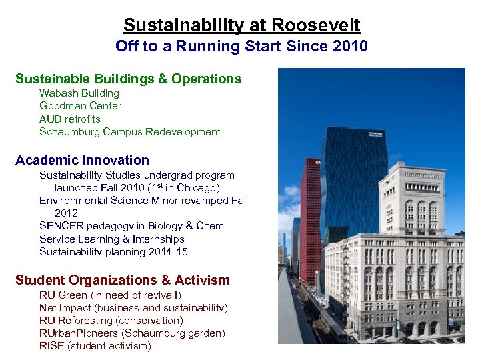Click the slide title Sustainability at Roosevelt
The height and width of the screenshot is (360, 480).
241,25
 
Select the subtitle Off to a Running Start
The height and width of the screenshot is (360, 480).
241,46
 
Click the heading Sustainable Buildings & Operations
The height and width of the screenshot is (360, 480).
128,79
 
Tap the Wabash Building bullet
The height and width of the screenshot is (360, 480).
79,93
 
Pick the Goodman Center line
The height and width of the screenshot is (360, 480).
80,106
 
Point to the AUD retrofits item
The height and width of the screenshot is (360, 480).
70,119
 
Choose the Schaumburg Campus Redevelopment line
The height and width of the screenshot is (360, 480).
129,131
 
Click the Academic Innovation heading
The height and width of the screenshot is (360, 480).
82,160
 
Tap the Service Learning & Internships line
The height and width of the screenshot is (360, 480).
111,239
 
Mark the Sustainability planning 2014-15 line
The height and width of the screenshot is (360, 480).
113,251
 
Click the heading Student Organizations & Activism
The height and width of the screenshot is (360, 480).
122,280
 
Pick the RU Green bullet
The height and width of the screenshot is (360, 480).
110,295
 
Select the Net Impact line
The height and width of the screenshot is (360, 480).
133,307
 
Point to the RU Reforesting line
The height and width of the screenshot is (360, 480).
111,320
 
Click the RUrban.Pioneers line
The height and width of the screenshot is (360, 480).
132,333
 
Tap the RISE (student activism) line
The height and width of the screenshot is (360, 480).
95,345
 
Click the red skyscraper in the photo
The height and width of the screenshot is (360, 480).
311,220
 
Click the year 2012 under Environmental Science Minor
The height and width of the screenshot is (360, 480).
66,213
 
